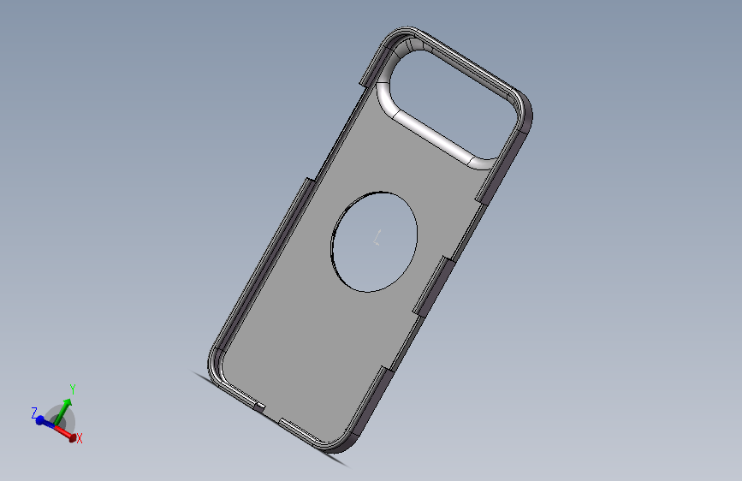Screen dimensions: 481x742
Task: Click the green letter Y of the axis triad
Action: click(x=73, y=389)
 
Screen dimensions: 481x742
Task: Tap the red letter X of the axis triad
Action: click(x=79, y=438)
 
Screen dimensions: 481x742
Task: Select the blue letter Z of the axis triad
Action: click(x=34, y=413)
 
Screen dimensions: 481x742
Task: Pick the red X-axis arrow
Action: click(x=65, y=431)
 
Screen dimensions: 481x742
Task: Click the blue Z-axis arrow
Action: click(x=45, y=419)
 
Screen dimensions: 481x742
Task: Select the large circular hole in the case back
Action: click(x=375, y=240)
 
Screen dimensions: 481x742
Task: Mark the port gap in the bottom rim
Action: click(x=272, y=413)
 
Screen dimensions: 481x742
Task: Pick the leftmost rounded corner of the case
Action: click(x=214, y=359)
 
